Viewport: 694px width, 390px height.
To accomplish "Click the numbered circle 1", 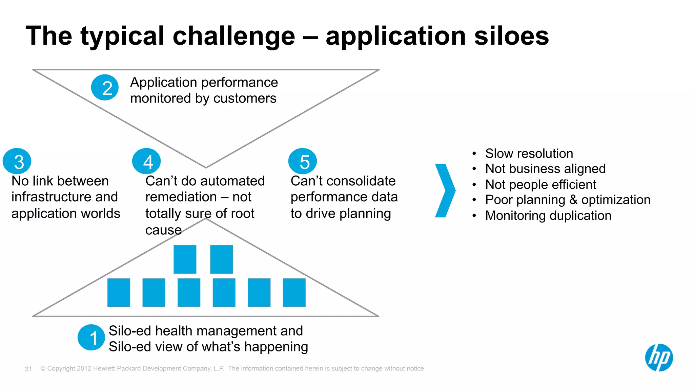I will click(91, 338).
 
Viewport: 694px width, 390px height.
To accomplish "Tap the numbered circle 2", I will click(105, 88).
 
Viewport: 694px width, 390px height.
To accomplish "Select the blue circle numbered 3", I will click(17, 161).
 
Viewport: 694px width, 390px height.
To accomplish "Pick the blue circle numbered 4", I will click(146, 161).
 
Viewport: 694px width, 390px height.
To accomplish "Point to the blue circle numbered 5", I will click(303, 161).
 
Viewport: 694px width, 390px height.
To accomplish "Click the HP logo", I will click(659, 358).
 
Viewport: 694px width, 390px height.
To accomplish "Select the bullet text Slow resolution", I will click(529, 154).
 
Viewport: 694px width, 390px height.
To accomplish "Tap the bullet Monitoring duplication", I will click(548, 215).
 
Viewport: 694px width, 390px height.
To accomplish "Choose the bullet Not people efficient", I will click(540, 184).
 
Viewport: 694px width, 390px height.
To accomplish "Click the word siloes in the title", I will click(511, 36).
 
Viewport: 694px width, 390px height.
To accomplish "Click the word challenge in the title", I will click(234, 37).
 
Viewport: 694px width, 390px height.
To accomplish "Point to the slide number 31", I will click(28, 369).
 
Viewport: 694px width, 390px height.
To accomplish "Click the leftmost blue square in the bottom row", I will click(119, 293).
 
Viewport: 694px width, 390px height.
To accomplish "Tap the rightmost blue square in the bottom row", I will click(294, 293).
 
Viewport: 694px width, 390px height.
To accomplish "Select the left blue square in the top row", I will click(185, 259).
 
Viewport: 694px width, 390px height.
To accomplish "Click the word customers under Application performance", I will click(245, 98).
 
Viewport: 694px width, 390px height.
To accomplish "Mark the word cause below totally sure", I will click(163, 230).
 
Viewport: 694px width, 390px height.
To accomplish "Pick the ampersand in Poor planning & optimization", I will click(573, 200).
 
